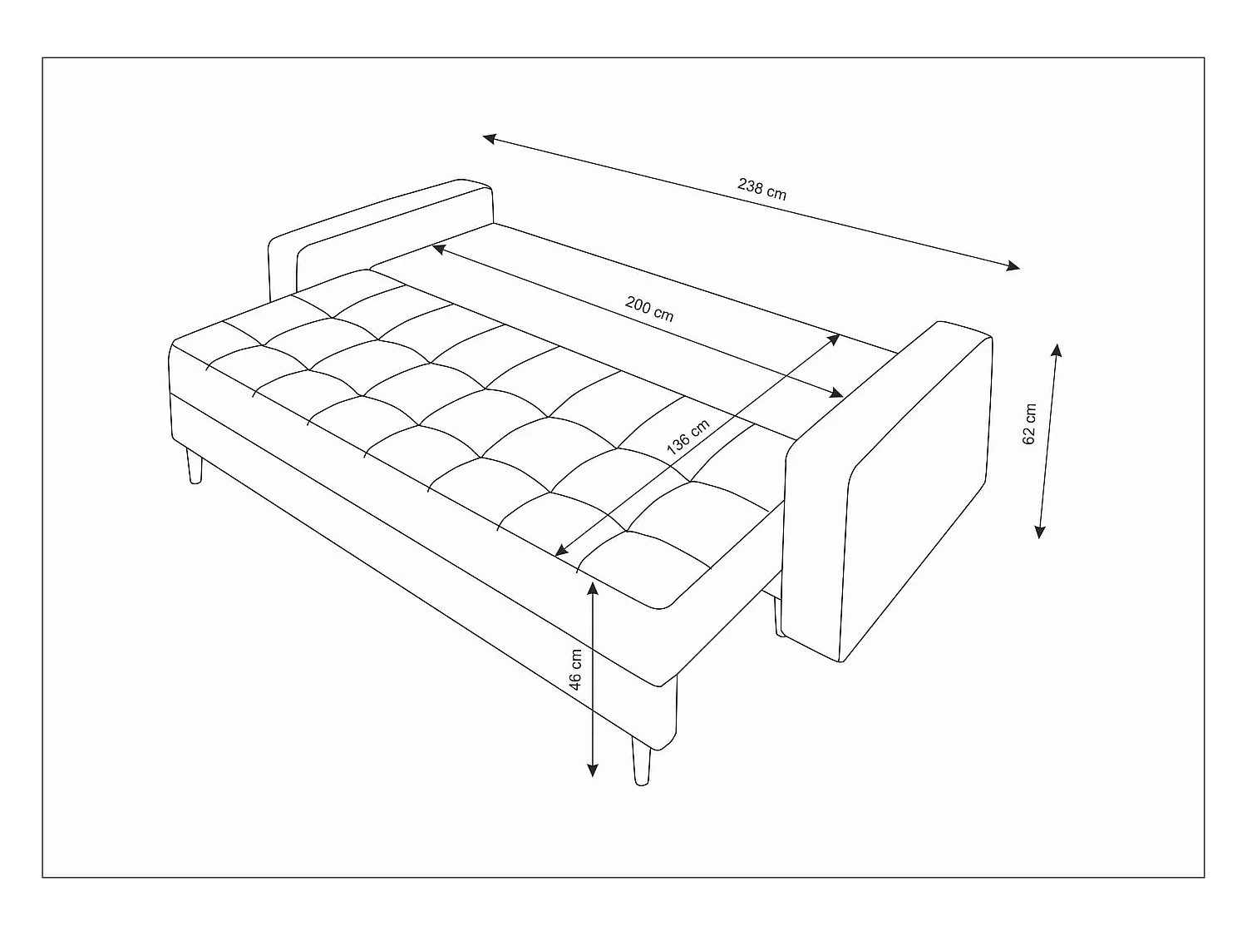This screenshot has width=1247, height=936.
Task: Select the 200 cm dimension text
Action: point(649,310)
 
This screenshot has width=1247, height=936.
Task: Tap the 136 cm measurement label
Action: point(688,436)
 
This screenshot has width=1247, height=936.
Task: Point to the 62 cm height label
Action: point(1030,424)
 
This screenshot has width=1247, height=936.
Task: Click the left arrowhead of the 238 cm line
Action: point(489,138)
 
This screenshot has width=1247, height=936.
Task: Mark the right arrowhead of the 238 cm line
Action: point(1013,266)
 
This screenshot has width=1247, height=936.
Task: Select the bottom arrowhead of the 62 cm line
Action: point(1039,532)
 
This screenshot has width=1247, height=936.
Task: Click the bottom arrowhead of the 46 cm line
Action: point(592,770)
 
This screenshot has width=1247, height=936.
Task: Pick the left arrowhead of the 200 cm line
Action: point(437,248)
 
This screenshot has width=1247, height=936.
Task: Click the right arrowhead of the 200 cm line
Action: point(836,394)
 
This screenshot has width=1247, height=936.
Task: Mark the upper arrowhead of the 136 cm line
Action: point(834,339)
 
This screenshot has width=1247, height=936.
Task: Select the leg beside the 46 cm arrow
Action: point(641,761)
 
